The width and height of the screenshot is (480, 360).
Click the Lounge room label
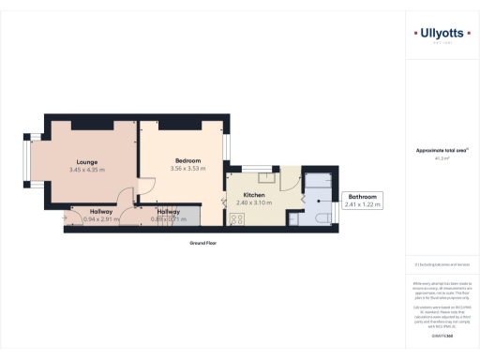[x=88, y=160]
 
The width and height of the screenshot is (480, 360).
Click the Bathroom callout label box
[x=363, y=199]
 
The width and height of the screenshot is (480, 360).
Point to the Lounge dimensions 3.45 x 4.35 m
[x=88, y=170]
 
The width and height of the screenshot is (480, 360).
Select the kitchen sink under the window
[x=266, y=174]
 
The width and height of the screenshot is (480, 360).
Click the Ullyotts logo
[x=442, y=36]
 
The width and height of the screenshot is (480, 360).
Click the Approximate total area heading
[x=442, y=151]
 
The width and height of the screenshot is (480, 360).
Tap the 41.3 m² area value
[x=442, y=158]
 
